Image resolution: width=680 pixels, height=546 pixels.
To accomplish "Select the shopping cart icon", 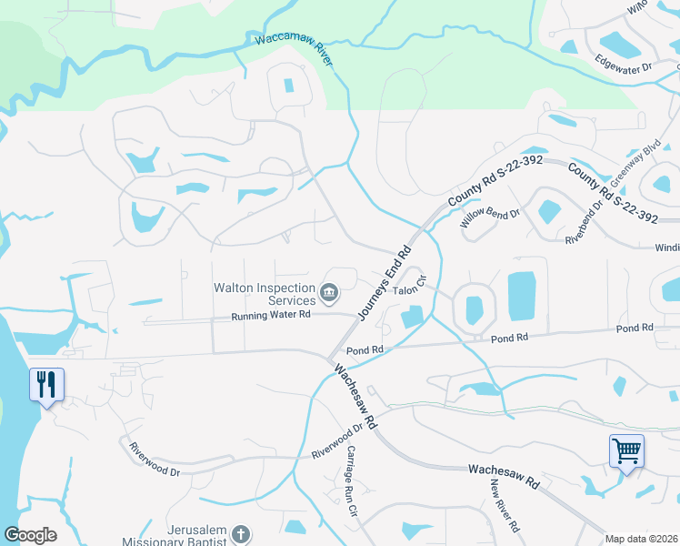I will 626,450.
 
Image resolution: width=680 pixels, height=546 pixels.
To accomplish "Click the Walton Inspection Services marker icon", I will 329,293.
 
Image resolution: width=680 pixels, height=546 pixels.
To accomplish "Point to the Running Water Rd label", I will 271,315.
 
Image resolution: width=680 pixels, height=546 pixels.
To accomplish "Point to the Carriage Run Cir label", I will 349,481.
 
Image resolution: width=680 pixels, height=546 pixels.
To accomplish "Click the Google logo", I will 30,535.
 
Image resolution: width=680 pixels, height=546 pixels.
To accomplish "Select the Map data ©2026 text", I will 641,539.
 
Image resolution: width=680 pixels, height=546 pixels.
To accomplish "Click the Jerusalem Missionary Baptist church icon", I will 240,534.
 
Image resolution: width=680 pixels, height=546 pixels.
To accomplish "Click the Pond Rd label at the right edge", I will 635,328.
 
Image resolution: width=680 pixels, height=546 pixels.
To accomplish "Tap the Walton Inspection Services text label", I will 263,294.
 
